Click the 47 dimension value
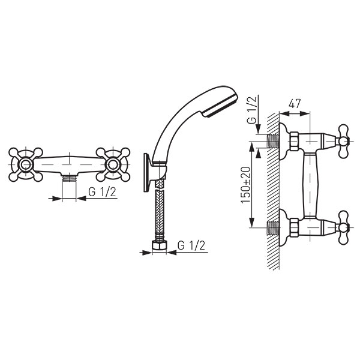pos(295,104)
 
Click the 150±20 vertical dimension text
pos(245,185)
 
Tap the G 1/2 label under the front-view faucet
pos(102,192)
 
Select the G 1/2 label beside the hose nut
pos(191,245)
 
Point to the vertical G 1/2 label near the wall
pos(253,110)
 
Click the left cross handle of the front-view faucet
pos(26,164)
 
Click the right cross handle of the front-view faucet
pos(113,164)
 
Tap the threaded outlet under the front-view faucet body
pos(69,178)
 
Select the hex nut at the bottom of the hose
pos(159,245)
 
